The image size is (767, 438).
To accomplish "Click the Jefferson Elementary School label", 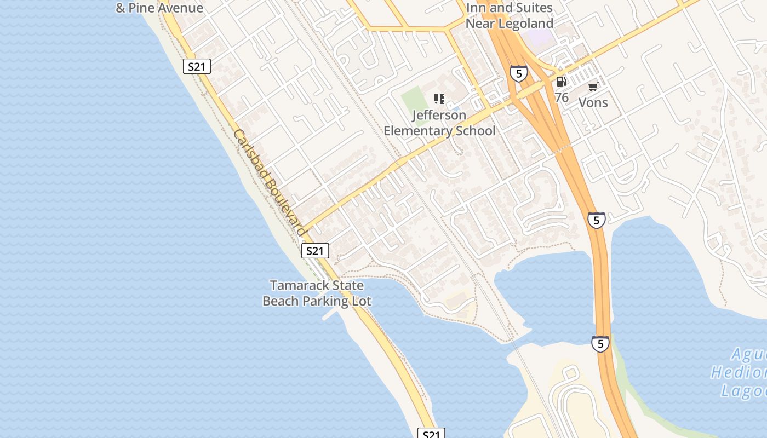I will pos(439,123).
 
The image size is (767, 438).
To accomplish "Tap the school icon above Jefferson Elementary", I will pos(439,99).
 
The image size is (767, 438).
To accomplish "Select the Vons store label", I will pos(593,102).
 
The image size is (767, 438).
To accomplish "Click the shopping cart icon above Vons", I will pos(593,87).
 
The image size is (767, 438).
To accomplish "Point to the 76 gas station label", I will pos(562,97).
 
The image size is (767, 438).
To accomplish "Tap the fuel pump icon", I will pos(561,82).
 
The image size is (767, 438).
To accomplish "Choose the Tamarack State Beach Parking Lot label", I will pos(317,293).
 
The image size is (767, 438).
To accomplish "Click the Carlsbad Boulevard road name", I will pos(269,182).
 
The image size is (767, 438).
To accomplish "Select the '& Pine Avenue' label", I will pos(159,8).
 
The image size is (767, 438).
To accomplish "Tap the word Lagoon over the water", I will pos(744,391).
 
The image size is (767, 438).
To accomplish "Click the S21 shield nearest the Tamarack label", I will pos(315,251).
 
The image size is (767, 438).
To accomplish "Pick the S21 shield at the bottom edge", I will pos(431,434).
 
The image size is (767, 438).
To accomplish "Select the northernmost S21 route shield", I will pos(196,67).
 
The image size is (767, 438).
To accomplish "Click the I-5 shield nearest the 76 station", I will pos(518,73).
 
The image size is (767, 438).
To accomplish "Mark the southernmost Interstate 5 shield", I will pos(600,344).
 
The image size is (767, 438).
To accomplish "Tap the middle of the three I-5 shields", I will pos(597,220).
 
